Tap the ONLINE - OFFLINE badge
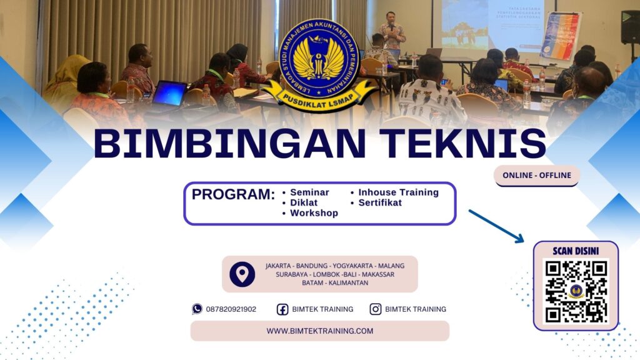point(537,176)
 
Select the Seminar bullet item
point(309,192)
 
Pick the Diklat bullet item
point(304,202)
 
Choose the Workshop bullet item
point(314,213)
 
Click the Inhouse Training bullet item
point(398,192)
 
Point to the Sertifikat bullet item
point(380,202)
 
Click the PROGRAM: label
point(233,194)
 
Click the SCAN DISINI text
point(576,251)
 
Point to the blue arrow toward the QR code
point(496,226)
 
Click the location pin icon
point(242,274)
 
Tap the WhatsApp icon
point(197,309)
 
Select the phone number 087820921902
point(231,309)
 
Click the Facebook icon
point(282,309)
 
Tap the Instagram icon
point(376,309)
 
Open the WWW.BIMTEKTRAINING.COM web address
point(319,331)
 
